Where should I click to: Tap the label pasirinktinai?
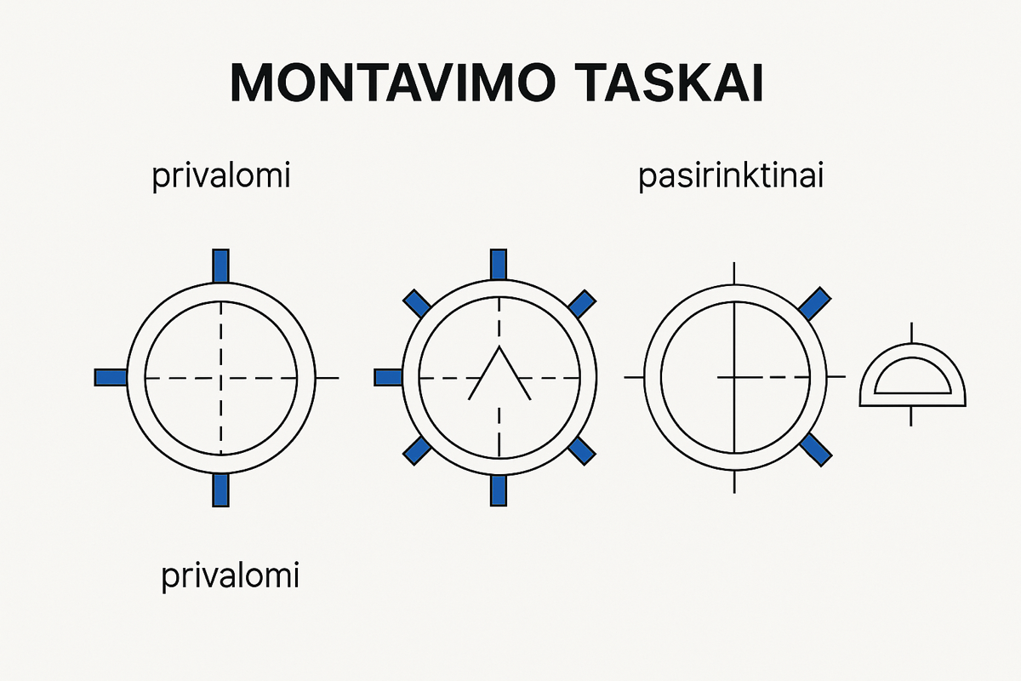[730, 179]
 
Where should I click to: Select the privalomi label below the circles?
[231, 576]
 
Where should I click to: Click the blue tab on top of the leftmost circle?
[220, 265]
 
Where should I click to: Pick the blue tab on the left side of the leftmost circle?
[111, 377]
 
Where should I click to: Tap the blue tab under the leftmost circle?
[220, 489]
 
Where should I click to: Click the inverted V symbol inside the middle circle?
[499, 374]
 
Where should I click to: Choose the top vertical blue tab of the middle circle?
[499, 265]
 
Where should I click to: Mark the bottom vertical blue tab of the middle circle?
[499, 489]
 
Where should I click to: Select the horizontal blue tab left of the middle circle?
[389, 377]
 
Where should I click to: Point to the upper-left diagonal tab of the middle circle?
[416, 302]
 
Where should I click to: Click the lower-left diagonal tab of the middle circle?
[416, 450]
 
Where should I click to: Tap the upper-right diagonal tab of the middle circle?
[581, 302]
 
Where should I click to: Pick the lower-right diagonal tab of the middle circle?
[581, 450]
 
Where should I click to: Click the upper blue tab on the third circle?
[814, 302]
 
